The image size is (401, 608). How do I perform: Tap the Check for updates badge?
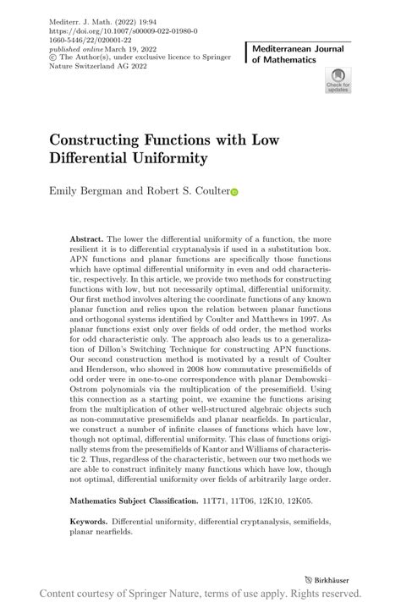tap(338, 81)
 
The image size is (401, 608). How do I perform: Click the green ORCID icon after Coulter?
tap(235, 192)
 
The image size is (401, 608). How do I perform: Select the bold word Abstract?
tap(88, 239)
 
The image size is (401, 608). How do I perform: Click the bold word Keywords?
tap(89, 523)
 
